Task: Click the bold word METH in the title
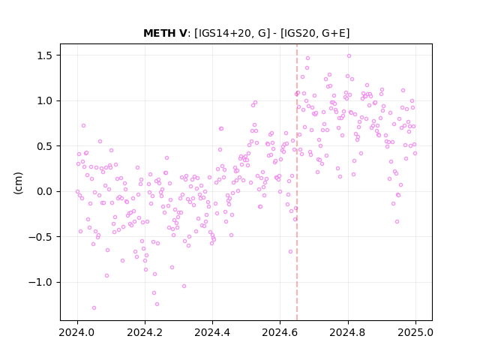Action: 160,33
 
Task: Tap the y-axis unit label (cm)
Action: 18,183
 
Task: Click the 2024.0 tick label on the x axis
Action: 77,332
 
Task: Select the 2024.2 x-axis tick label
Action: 145,332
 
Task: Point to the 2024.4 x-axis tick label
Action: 212,332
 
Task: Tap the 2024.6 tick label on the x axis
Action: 280,332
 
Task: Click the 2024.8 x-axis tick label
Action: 348,332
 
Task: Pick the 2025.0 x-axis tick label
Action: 415,332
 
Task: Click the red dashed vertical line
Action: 297,182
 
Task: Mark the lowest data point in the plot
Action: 94,307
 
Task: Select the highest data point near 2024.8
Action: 349,55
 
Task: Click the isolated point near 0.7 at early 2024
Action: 83,125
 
